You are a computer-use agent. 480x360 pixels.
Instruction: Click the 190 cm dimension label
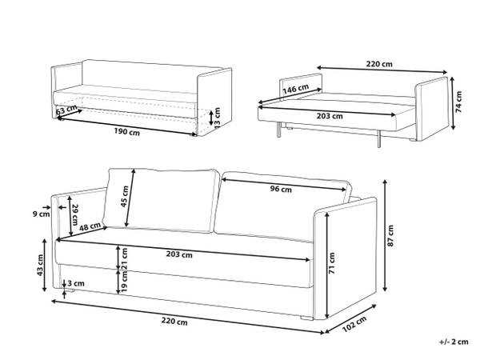[127, 132]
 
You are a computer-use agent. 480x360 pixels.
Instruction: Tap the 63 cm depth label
[66, 110]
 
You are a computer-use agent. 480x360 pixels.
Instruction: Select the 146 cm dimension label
[296, 89]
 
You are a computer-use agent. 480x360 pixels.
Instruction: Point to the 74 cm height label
[458, 102]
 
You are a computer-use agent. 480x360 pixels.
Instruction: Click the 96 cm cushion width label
[281, 189]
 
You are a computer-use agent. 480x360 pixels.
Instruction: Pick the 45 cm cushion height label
[125, 196]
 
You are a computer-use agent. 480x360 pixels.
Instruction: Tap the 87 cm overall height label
[390, 236]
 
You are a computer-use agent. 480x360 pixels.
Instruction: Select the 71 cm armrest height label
[332, 263]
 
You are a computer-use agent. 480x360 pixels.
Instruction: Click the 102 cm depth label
[354, 324]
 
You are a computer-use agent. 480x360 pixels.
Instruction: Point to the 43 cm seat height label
[40, 265]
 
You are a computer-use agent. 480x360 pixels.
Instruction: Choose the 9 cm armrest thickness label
[41, 214]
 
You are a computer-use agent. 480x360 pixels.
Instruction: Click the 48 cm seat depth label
[90, 227]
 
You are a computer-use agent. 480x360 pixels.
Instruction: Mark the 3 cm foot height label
[76, 283]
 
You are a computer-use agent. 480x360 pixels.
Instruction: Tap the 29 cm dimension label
[75, 214]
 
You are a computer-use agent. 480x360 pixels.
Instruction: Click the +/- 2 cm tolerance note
[454, 342]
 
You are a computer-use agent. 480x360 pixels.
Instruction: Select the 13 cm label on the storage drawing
[217, 118]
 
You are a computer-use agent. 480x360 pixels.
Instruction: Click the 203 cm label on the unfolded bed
[330, 116]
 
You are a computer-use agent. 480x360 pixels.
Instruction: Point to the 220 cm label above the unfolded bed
[379, 64]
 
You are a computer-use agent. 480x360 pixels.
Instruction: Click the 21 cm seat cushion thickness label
[124, 258]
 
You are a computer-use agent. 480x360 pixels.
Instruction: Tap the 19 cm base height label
[124, 282]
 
